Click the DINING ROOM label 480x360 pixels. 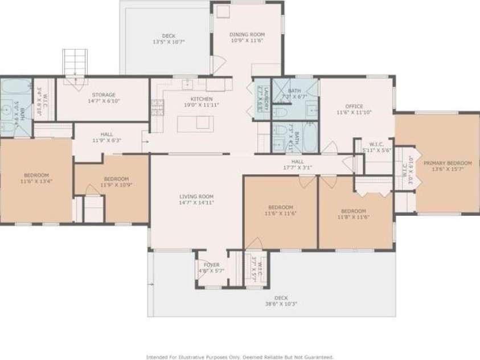tap(247, 35)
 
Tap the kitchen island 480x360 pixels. tap(192, 123)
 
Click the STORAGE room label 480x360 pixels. tap(104, 95)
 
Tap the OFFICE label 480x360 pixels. tap(354, 107)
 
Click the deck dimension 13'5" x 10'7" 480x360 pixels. tap(168, 42)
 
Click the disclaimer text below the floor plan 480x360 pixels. tap(240, 357)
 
